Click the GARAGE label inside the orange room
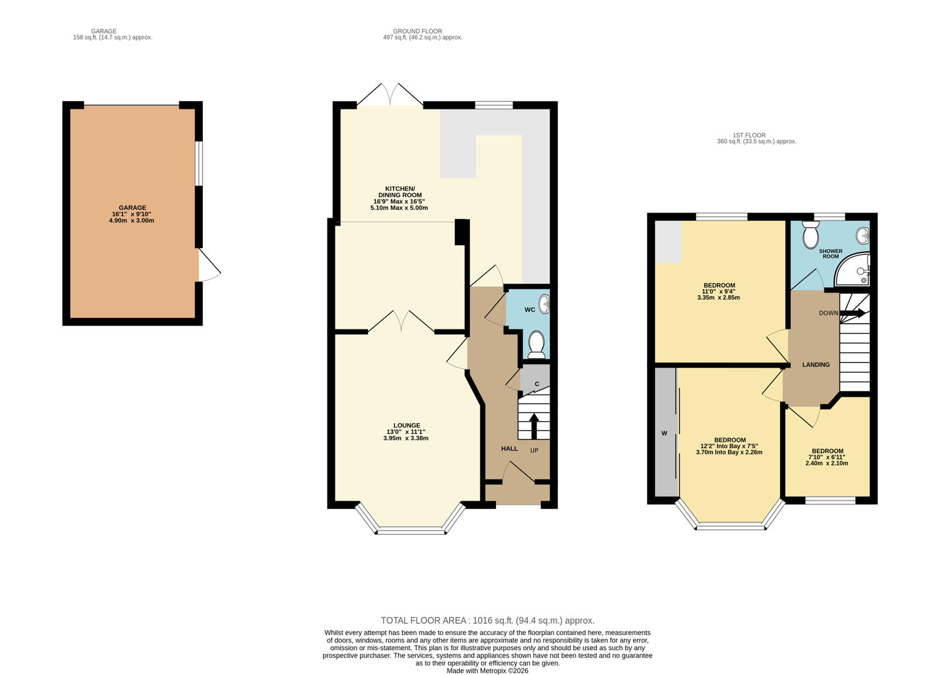pyautogui.click(x=132, y=207)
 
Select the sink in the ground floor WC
pyautogui.click(x=545, y=304)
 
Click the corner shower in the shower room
pyautogui.click(x=853, y=269)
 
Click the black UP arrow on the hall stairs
pyautogui.click(x=534, y=426)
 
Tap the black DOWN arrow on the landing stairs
pyautogui.click(x=852, y=313)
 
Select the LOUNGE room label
pyautogui.click(x=407, y=425)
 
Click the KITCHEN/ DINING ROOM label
pyautogui.click(x=400, y=191)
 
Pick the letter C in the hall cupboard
pyautogui.click(x=537, y=384)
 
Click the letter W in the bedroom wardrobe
pyautogui.click(x=665, y=433)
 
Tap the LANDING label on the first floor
pyautogui.click(x=816, y=364)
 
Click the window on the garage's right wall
pyautogui.click(x=199, y=163)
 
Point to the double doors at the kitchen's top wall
pyautogui.click(x=390, y=94)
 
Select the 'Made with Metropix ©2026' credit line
pyautogui.click(x=487, y=671)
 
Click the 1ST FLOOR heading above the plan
pyautogui.click(x=749, y=135)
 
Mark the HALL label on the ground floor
pyautogui.click(x=510, y=449)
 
